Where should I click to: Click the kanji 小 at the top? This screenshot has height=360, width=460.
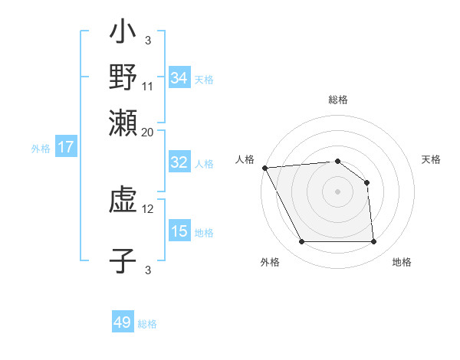[x=123, y=33]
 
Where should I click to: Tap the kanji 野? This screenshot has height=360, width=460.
[x=123, y=77]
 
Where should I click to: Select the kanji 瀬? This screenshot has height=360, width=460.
[x=123, y=123]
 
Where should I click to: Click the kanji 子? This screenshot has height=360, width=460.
[x=123, y=260]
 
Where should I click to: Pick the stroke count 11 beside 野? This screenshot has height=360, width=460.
[x=148, y=86]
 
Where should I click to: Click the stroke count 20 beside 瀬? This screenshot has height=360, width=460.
[x=148, y=132]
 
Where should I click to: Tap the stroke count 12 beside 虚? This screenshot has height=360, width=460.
[x=148, y=208]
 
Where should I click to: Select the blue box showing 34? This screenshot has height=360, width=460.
[x=179, y=77]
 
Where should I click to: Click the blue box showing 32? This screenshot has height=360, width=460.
[x=179, y=162]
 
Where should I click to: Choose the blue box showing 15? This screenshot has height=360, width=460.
[x=179, y=231]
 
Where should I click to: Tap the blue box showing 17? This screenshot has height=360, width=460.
[x=65, y=147]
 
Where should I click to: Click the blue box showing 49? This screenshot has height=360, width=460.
[x=123, y=322]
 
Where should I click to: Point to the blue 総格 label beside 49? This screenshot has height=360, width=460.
[x=147, y=324]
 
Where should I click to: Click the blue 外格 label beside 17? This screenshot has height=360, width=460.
[x=41, y=149]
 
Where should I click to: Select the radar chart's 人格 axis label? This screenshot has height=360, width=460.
[x=245, y=159]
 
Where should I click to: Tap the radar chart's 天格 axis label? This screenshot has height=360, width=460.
[x=432, y=159]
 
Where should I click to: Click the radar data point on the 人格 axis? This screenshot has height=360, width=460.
[x=264, y=168]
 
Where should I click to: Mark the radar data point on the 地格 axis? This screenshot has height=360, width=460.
[x=373, y=242]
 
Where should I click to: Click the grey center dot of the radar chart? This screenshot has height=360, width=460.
[x=337, y=191]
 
